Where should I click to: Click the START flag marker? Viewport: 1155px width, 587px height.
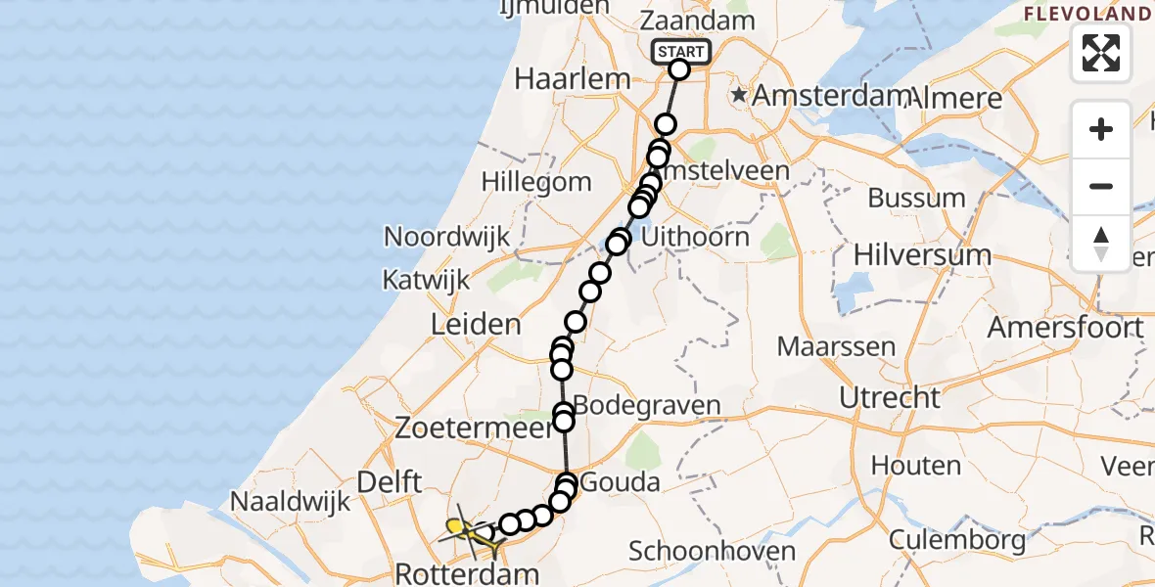click(x=679, y=52)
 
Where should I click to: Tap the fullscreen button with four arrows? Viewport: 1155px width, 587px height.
click(x=1101, y=53)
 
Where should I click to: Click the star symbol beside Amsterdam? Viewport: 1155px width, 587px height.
click(x=739, y=96)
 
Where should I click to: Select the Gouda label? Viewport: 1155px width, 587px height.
click(x=620, y=481)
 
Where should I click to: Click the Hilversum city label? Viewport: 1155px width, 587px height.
click(x=922, y=255)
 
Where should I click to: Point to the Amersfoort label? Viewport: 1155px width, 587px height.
click(x=1065, y=327)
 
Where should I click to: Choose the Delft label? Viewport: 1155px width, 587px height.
click(x=390, y=481)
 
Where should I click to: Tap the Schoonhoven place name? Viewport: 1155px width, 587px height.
click(x=712, y=551)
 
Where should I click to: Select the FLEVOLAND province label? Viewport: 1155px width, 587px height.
click(x=1086, y=14)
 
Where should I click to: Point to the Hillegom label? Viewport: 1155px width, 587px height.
click(x=536, y=182)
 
